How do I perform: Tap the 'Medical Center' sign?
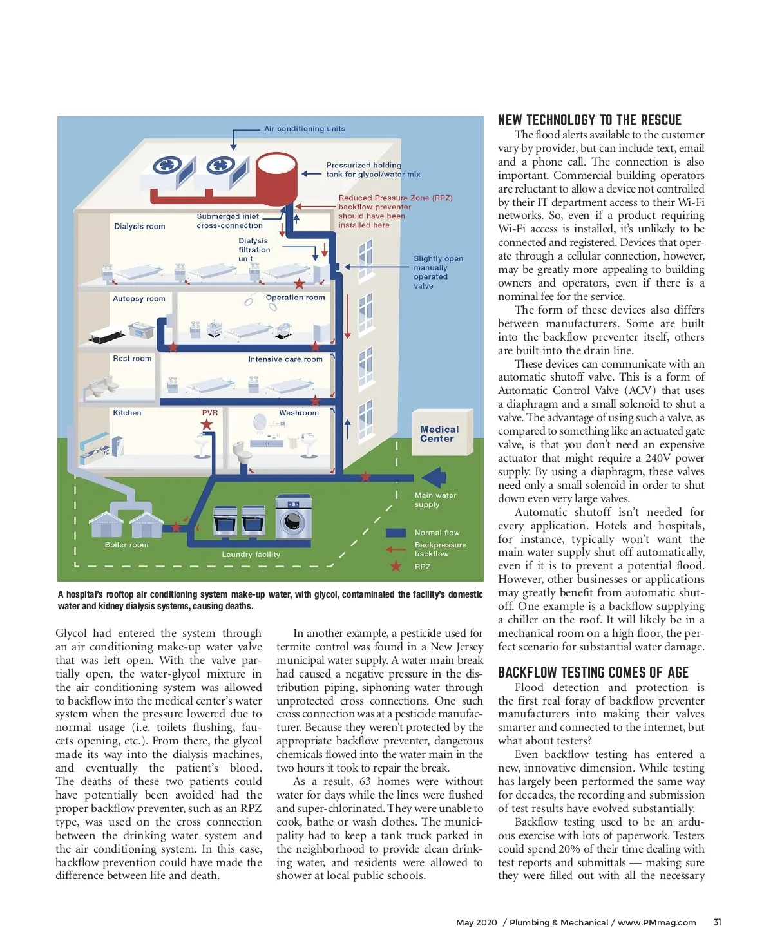[439, 434]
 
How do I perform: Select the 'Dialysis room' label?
[140, 226]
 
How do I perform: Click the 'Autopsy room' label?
[139, 299]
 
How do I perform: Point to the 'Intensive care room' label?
[285, 359]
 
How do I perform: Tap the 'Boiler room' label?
[127, 545]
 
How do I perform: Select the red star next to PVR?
[207, 424]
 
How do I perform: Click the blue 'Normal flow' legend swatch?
[396, 533]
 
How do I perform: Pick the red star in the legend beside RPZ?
[396, 567]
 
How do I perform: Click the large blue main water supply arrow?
[433, 478]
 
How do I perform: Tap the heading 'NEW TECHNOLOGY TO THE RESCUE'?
[589, 120]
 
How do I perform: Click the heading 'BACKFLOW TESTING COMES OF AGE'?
[593, 672]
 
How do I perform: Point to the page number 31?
[717, 922]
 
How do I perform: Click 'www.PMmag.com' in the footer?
[657, 922]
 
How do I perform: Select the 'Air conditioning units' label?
[304, 129]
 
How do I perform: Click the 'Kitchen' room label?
[127, 413]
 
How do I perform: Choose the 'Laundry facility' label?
[251, 555]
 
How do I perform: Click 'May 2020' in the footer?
[477, 922]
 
